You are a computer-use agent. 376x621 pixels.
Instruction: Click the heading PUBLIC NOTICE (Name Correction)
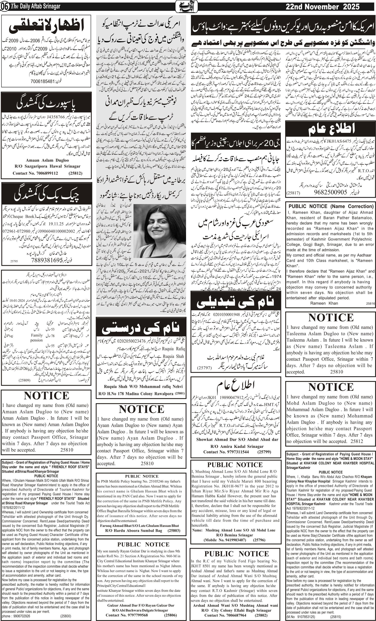tap(331, 206)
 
